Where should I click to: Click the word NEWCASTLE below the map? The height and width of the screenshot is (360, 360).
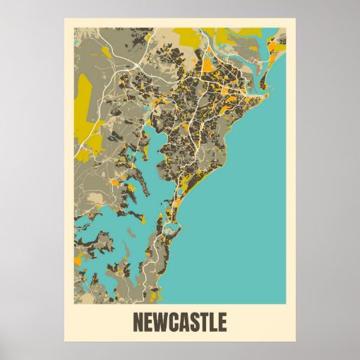click(180, 322)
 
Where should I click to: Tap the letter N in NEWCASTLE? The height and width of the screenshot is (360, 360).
click(138, 322)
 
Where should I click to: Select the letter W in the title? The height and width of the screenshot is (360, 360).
click(161, 322)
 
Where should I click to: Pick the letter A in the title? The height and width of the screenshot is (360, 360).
click(185, 322)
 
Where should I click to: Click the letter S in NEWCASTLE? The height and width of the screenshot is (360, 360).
click(196, 322)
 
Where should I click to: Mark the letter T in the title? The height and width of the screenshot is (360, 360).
click(207, 322)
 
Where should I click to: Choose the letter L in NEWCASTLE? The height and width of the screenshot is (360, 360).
click(216, 322)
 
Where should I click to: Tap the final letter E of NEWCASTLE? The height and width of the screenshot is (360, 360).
click(224, 322)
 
